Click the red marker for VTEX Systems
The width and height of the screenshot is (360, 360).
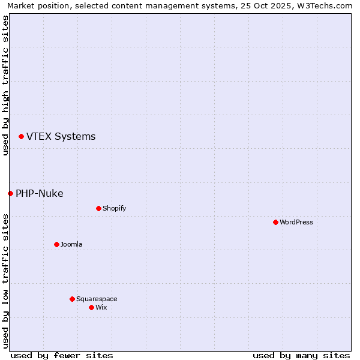(21, 137)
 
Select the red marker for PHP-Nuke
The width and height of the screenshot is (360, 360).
(10, 193)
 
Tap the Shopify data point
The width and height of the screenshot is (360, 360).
(98, 208)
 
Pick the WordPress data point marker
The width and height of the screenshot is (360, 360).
(275, 222)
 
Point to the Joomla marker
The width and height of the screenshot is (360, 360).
(56, 244)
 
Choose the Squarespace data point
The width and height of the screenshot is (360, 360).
(72, 299)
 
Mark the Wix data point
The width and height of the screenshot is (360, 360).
(91, 307)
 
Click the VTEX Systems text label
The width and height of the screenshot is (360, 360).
(61, 137)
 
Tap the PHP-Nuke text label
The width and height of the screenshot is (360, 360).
(40, 193)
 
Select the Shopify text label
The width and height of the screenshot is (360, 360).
(114, 209)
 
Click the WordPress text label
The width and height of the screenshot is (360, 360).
(296, 223)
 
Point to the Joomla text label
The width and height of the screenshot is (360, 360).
(71, 245)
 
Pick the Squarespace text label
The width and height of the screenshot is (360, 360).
(97, 299)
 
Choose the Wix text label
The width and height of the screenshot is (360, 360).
(101, 308)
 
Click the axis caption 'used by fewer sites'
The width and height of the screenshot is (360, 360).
(62, 355)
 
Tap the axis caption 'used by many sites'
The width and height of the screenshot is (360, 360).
(301, 355)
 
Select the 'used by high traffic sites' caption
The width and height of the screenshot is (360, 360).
(5, 85)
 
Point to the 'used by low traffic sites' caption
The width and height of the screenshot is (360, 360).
(5, 281)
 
